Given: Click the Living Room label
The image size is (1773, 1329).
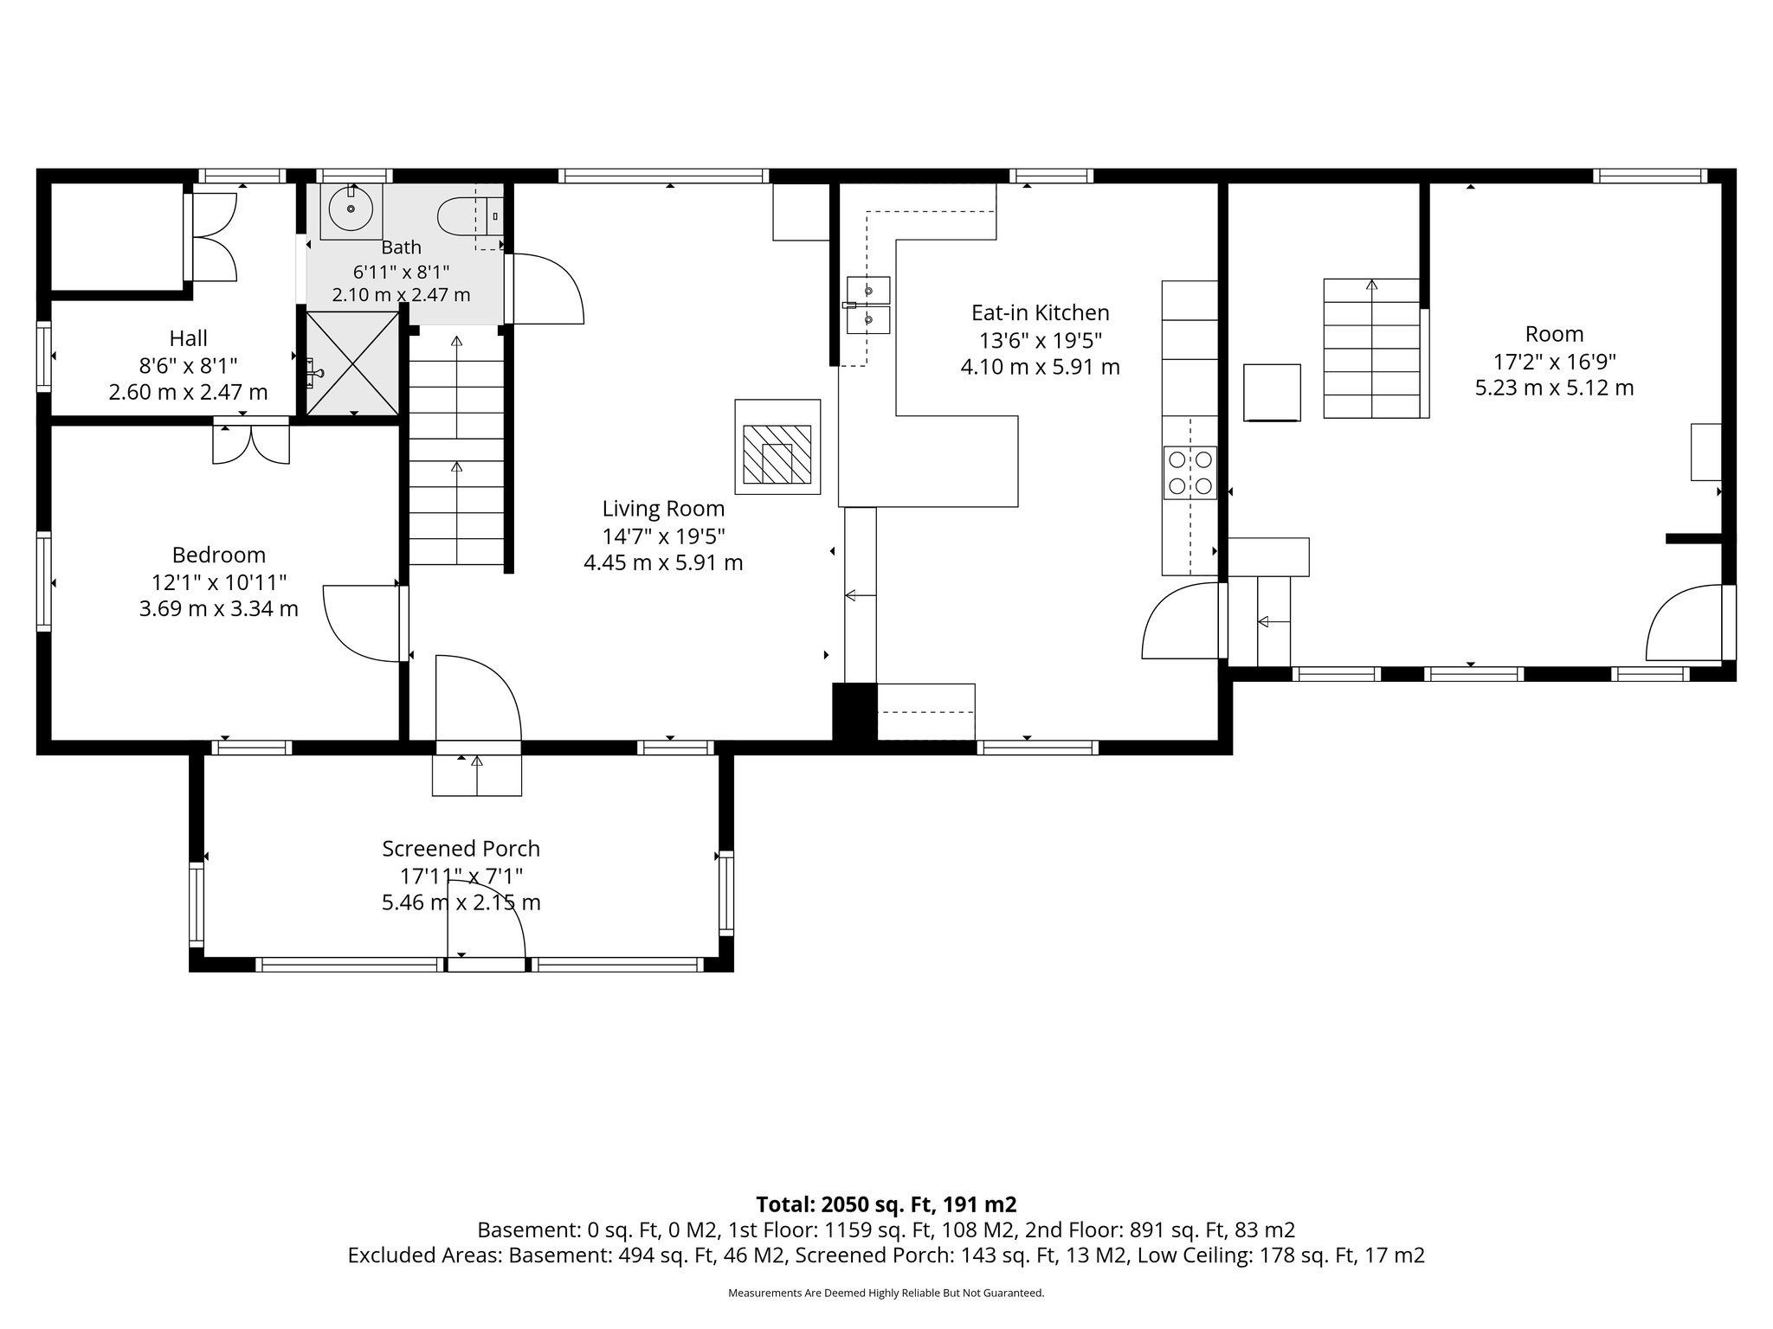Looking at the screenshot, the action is pos(663,509).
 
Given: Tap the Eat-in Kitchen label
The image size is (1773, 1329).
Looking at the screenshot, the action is pos(1040,312).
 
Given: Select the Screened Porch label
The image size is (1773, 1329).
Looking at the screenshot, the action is pos(461,849).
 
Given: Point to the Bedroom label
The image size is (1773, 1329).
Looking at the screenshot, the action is pos(218,555).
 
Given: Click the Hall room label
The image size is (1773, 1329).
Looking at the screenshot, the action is pos(188,338).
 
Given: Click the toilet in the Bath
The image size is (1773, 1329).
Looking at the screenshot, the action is pos(468,216).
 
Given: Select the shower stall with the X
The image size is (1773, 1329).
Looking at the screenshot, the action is pos(353,363).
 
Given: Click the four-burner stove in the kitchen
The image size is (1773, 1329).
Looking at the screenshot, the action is pos(1190,472).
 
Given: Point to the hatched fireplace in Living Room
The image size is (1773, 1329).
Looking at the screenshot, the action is pos(777,446).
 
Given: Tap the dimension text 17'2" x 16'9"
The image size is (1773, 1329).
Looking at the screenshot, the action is pos(1554,361).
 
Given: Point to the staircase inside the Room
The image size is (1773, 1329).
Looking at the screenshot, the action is pos(1372,348).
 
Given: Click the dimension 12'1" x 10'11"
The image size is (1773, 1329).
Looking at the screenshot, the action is pos(218,582).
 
